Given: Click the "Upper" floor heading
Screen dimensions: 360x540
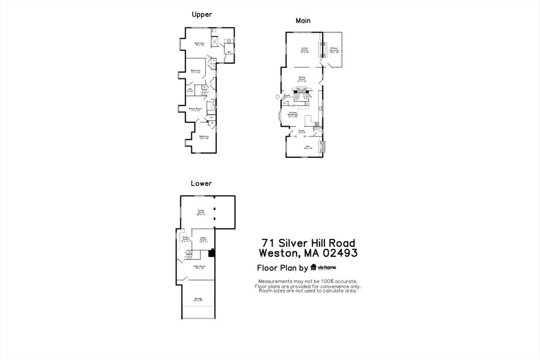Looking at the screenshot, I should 201,15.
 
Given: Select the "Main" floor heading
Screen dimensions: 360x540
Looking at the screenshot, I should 303,21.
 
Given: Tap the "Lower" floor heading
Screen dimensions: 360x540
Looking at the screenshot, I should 201,183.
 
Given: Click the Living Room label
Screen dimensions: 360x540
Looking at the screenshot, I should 304,50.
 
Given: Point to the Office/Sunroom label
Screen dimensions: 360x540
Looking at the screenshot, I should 334,50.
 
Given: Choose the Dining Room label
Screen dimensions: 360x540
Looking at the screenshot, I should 302,79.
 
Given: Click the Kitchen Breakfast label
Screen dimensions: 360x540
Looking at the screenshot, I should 293,114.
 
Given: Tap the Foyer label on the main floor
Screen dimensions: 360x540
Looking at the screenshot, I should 302,131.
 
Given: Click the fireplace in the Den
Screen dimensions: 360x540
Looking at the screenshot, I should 323,147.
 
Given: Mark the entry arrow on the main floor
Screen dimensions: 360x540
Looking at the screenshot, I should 278,96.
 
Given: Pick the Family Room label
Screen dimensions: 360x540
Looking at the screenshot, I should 201,212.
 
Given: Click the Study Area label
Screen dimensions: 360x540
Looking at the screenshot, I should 186,239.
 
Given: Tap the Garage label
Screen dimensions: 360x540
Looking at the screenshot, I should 198,299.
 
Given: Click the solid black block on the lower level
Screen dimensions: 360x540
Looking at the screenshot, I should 211,253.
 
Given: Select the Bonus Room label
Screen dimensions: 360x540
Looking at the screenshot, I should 196,110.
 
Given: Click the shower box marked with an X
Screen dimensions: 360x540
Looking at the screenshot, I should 215,42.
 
